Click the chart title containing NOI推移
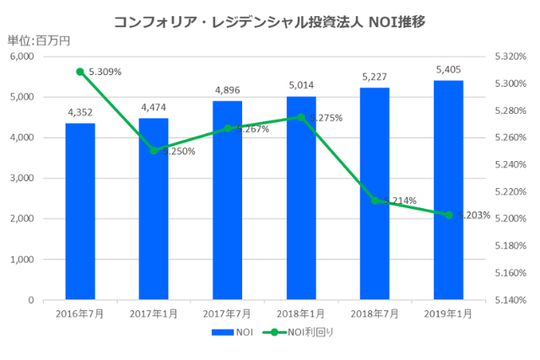pyautogui.click(x=269, y=21)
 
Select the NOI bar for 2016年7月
pyautogui.click(x=80, y=211)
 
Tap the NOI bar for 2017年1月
pyautogui.click(x=154, y=208)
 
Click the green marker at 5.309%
pyautogui.click(x=80, y=72)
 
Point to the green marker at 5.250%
pyautogui.click(x=154, y=151)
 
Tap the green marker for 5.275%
pyautogui.click(x=300, y=117)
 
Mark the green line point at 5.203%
pyautogui.click(x=448, y=214)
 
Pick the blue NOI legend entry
pyautogui.click(x=232, y=331)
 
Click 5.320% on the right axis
pyautogui.click(x=510, y=56)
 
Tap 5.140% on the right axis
pyautogui.click(x=510, y=300)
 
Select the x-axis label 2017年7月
pyautogui.click(x=227, y=313)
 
